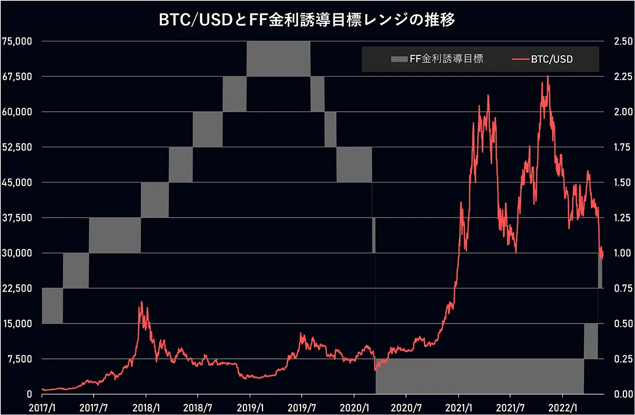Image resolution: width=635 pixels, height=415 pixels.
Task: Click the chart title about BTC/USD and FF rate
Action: coord(307,20)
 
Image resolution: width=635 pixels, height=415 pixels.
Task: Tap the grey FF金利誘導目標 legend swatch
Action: coord(399,59)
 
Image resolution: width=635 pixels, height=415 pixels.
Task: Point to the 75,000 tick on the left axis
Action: coord(17,41)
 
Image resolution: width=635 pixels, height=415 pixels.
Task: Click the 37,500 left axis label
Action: coord(17,218)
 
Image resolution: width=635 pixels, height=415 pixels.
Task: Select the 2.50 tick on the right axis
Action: coord(623,41)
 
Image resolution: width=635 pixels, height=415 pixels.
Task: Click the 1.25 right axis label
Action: coord(623,218)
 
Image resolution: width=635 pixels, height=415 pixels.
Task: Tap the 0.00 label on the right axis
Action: coord(623,394)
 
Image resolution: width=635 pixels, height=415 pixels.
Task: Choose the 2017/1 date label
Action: coord(42,408)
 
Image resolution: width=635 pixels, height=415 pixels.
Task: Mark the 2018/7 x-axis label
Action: coord(197,408)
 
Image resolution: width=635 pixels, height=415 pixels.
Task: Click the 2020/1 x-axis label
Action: coord(355,408)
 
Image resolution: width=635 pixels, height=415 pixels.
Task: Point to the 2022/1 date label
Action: coord(563,408)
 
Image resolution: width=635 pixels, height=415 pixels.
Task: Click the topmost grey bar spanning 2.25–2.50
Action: coord(278,59)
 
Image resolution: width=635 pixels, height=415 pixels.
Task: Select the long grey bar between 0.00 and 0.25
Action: coord(479,376)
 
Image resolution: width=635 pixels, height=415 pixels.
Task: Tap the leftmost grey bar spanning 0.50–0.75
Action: coord(52,306)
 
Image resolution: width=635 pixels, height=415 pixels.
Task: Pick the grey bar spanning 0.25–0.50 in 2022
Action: coord(591,341)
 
